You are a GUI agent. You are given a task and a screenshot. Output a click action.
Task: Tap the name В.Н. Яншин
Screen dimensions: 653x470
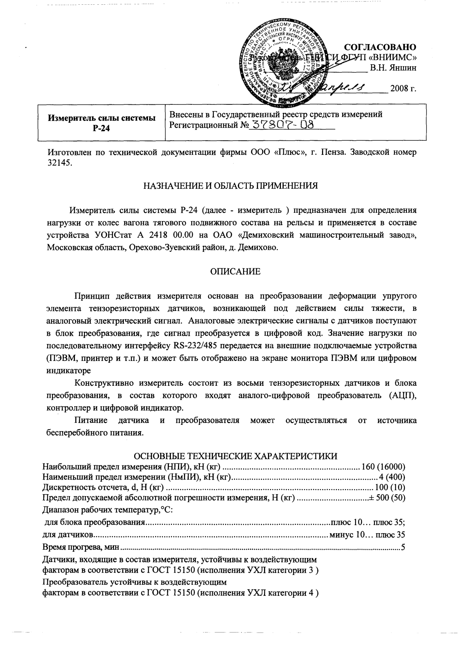(x=393, y=67)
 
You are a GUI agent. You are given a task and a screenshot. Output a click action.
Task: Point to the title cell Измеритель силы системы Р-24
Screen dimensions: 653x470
(x=101, y=123)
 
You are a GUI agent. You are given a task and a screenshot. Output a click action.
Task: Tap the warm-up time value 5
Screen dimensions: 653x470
(x=403, y=547)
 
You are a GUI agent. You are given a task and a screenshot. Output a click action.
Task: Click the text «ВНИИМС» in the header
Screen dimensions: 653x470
(x=393, y=58)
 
